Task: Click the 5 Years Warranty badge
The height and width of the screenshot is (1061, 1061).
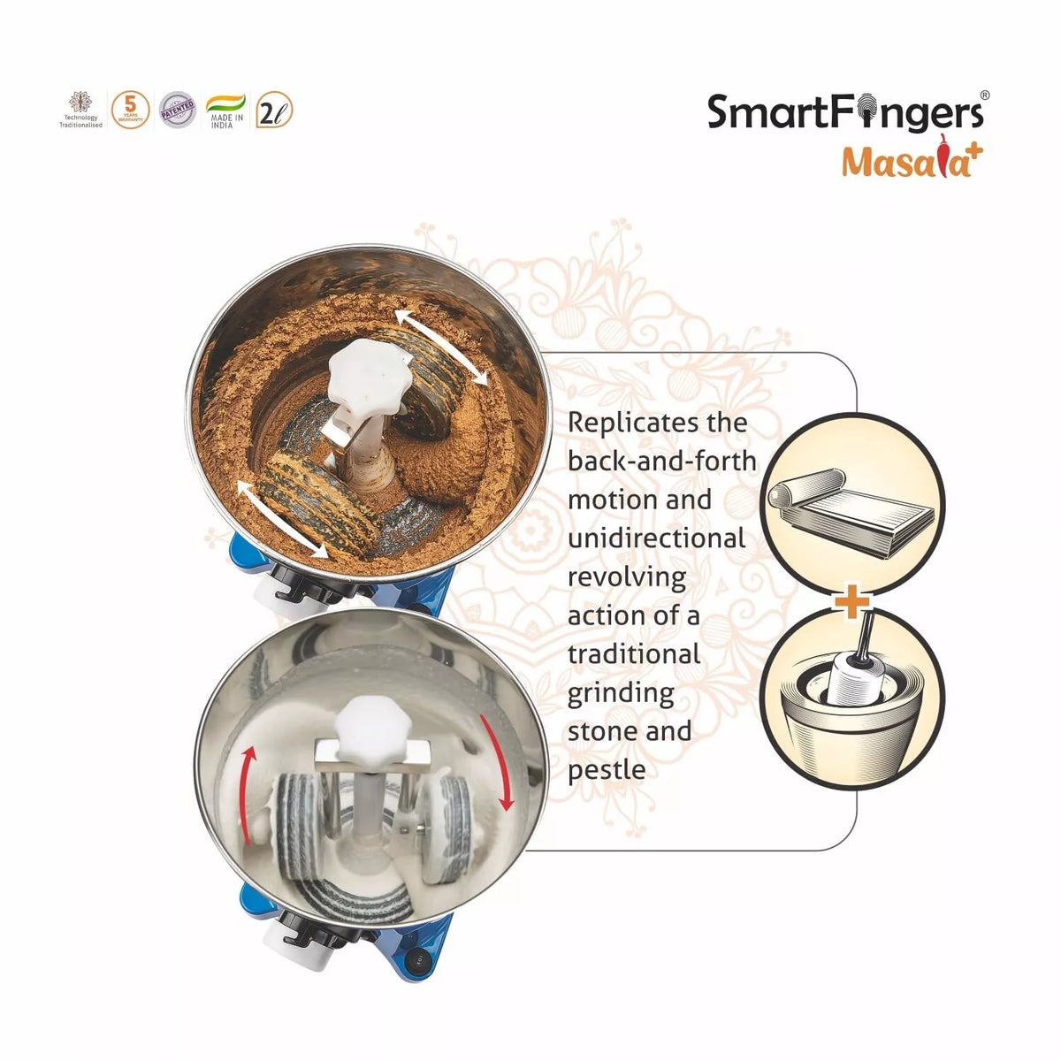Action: point(130,111)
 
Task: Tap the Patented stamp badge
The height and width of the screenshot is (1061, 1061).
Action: point(177,111)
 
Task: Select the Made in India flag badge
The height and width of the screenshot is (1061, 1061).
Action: point(225,111)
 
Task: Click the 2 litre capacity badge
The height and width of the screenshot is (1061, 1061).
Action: point(273,111)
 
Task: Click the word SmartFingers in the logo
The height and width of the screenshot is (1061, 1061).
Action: point(845,114)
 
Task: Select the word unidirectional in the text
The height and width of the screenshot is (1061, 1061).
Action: point(656,538)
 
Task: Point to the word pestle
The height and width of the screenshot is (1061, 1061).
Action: point(607,770)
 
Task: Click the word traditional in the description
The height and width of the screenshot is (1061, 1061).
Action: point(633,654)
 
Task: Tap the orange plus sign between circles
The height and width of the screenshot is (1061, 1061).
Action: point(852,603)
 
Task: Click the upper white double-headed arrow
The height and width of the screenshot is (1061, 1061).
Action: point(441,347)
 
